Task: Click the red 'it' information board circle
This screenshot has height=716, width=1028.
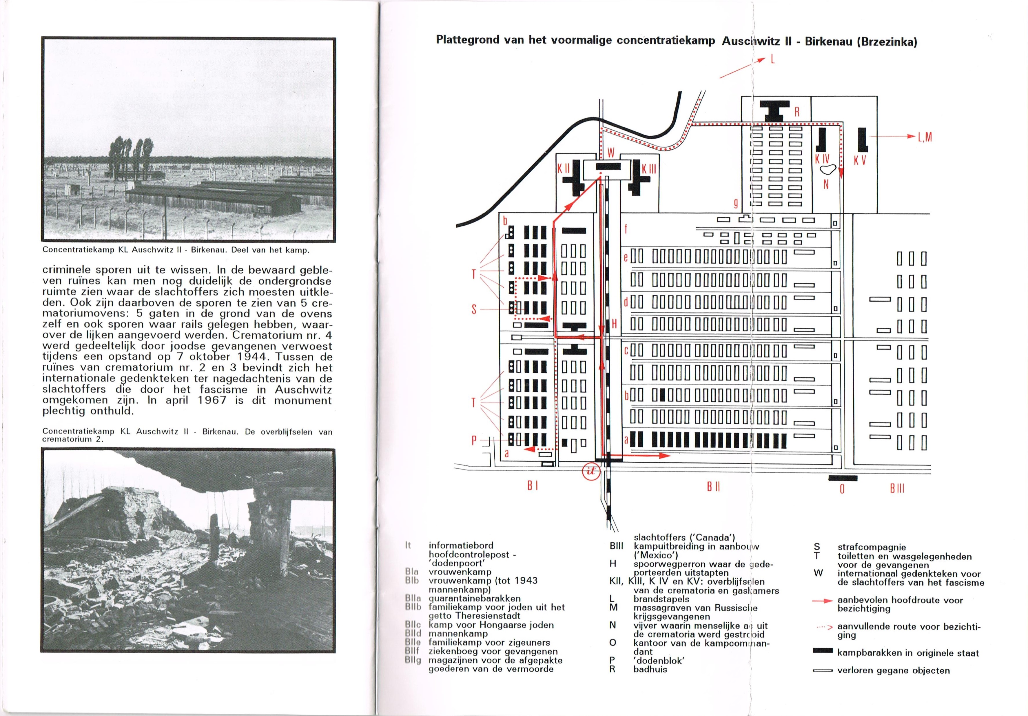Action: point(591,471)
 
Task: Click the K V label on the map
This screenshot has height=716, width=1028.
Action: point(860,160)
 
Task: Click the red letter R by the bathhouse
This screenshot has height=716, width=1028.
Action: point(797,112)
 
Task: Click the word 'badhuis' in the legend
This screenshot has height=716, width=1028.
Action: point(650,669)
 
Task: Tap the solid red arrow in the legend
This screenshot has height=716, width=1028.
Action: point(823,600)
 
